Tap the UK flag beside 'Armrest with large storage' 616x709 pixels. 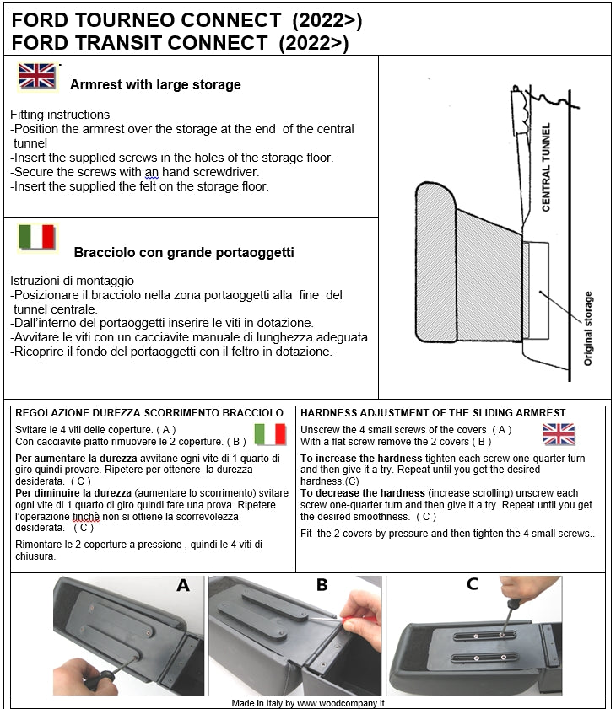pos(37,76)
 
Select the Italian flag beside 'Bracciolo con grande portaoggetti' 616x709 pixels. pos(37,237)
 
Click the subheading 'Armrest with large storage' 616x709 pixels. pos(155,84)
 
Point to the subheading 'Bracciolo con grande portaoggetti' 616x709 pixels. pos(184,252)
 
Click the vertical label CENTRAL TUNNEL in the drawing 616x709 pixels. pos(546,168)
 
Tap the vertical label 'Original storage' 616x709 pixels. pos(588,328)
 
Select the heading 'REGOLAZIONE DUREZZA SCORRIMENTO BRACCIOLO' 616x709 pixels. pos(144,412)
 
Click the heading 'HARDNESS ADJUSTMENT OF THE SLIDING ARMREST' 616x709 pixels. pos(433,412)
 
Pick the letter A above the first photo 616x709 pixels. pos(183,585)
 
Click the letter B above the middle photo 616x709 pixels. pos(322,585)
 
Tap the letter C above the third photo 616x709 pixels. pos(472,583)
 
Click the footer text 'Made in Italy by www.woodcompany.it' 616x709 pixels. pos(308,702)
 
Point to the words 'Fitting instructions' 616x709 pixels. pos(60,115)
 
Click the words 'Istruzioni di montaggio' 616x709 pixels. pos(72,280)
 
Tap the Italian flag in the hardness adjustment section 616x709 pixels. pos(270,434)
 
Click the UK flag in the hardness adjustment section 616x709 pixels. pos(559,434)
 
